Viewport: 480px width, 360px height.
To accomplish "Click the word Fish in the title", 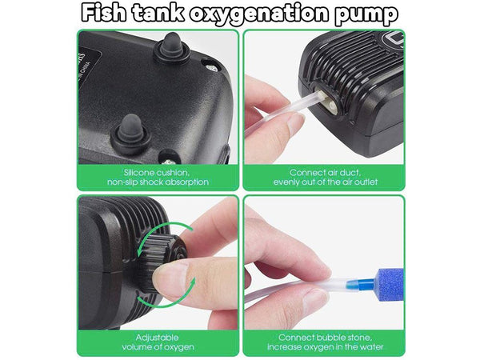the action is click(103, 13).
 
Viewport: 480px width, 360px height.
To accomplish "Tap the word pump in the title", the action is click(366, 14).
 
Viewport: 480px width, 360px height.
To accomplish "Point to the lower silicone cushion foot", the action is click(130, 132).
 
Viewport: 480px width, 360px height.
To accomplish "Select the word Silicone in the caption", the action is click(139, 173).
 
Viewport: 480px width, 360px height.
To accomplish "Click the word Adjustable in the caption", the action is click(157, 338).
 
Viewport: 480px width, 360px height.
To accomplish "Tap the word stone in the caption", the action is click(360, 338).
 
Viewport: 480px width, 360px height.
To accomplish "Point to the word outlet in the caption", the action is click(366, 182).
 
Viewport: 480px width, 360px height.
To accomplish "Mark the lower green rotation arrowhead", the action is click(192, 282).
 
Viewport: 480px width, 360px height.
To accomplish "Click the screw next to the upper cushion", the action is click(210, 67).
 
